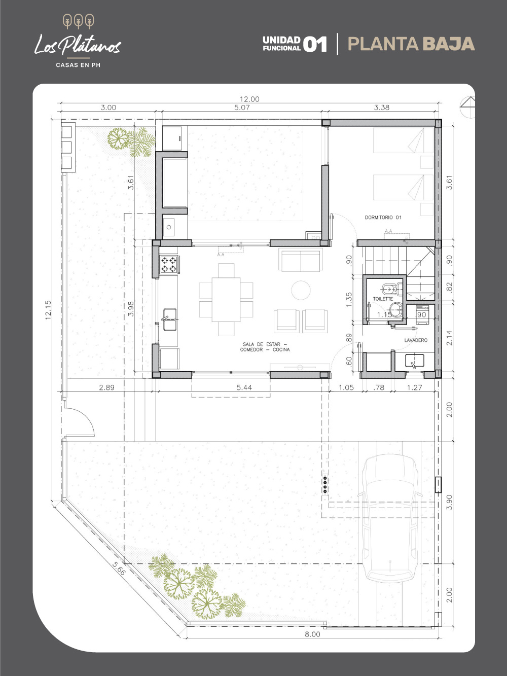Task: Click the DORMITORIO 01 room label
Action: pyautogui.click(x=383, y=218)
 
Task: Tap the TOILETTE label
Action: pyautogui.click(x=383, y=299)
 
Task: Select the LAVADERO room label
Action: pyautogui.click(x=416, y=340)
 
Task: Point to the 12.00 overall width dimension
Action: pyautogui.click(x=249, y=99)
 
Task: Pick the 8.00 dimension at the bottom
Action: pyautogui.click(x=312, y=634)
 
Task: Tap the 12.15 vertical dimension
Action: pyautogui.click(x=48, y=310)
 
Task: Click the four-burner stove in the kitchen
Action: pyautogui.click(x=169, y=265)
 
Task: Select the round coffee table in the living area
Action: pyautogui.click(x=301, y=290)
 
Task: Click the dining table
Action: pyautogui.click(x=226, y=299)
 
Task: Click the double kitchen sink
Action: pyautogui.click(x=170, y=319)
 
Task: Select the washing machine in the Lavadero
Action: pyautogui.click(x=422, y=314)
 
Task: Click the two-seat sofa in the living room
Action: pyautogui.click(x=301, y=261)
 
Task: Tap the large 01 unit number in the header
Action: pyautogui.click(x=315, y=44)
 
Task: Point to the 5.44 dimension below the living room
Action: pyautogui.click(x=244, y=387)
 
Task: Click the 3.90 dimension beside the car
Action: pyautogui.click(x=449, y=502)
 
